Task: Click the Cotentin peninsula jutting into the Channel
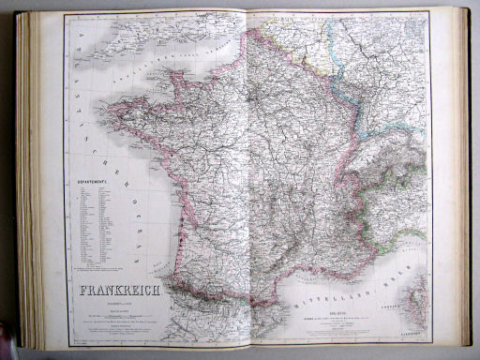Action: click(174, 77)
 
